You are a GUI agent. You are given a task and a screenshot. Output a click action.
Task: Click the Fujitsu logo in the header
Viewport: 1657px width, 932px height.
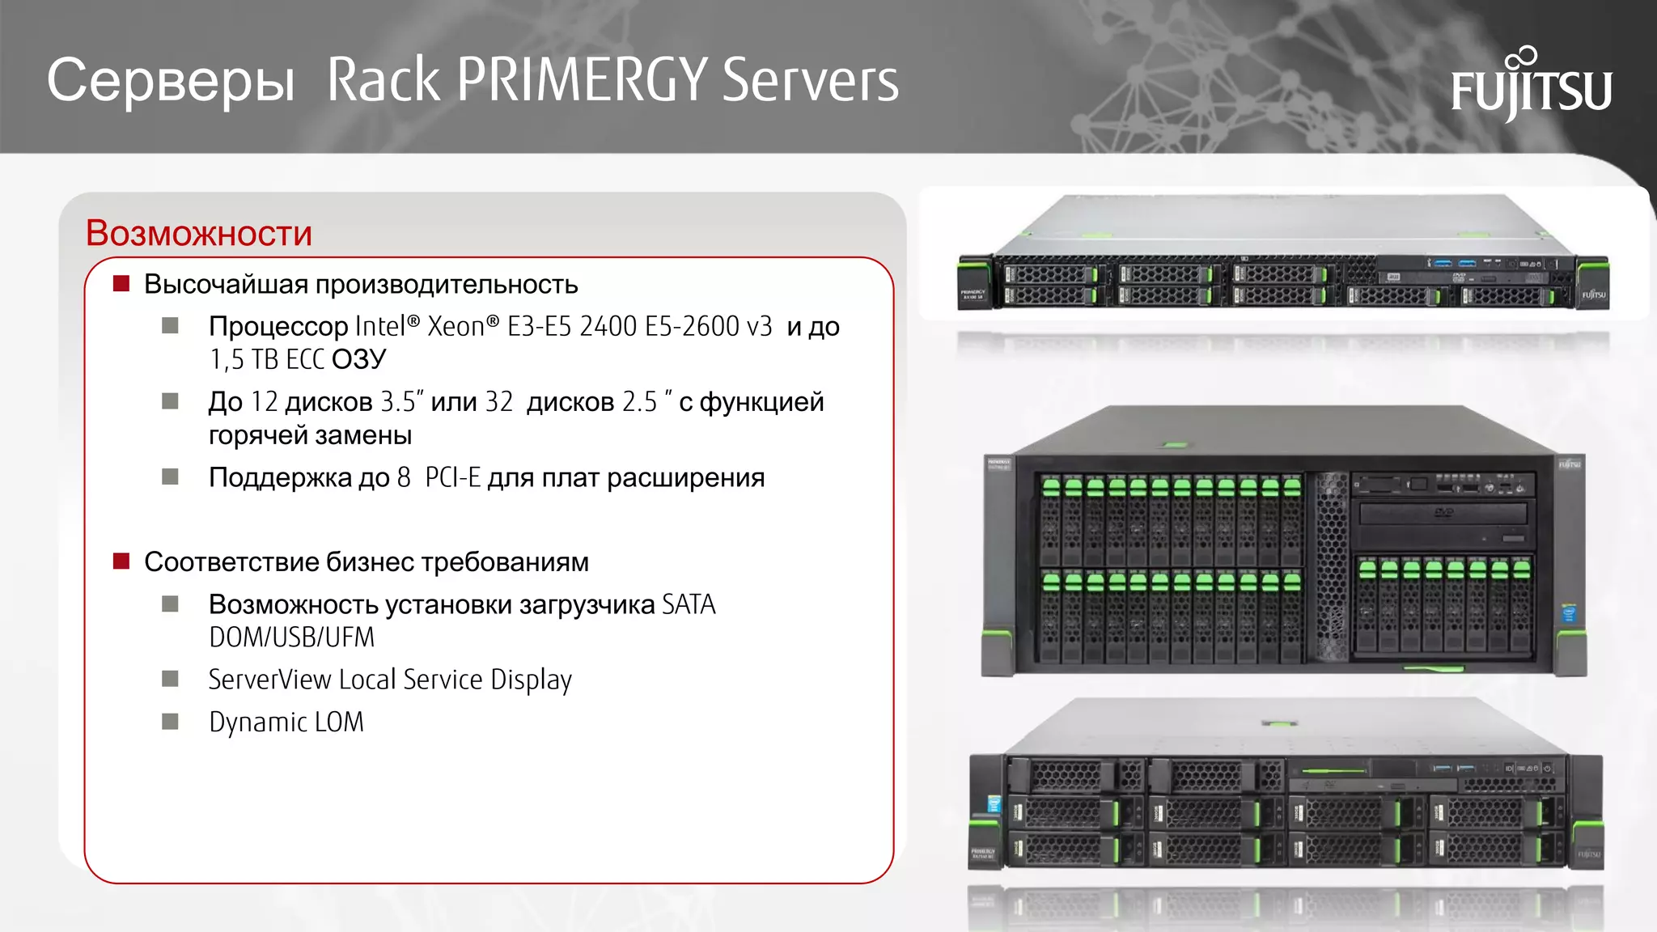click(x=1531, y=86)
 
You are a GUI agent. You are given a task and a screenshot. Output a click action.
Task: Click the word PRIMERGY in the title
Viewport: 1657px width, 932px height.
click(x=583, y=80)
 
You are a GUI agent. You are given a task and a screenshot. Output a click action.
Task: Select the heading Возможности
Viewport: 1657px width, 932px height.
click(x=199, y=233)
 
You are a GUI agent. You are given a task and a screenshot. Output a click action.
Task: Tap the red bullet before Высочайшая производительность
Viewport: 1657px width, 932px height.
click(x=121, y=283)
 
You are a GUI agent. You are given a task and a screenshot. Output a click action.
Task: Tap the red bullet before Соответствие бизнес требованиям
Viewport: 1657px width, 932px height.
click(x=121, y=561)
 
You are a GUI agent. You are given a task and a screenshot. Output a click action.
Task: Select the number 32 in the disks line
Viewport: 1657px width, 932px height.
click(x=499, y=402)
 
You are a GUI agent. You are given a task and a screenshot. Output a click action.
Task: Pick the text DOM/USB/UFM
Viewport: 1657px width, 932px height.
click(x=291, y=638)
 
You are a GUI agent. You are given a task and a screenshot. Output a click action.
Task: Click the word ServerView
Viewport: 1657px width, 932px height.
click(x=269, y=680)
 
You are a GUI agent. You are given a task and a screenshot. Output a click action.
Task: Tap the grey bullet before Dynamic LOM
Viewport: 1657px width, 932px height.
click(x=170, y=721)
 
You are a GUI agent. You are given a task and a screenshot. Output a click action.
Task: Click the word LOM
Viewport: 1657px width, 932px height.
click(x=339, y=722)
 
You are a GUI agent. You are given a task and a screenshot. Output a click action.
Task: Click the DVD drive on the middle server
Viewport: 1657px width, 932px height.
click(x=1443, y=513)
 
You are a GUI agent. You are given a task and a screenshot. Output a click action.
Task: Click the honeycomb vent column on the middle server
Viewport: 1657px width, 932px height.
click(x=1332, y=566)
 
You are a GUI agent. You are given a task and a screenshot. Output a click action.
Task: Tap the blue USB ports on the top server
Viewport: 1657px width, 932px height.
click(x=1454, y=263)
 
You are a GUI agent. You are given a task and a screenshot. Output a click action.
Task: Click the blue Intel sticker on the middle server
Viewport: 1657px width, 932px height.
click(x=1569, y=612)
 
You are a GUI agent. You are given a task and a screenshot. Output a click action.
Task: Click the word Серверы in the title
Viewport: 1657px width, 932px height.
click(x=171, y=81)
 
